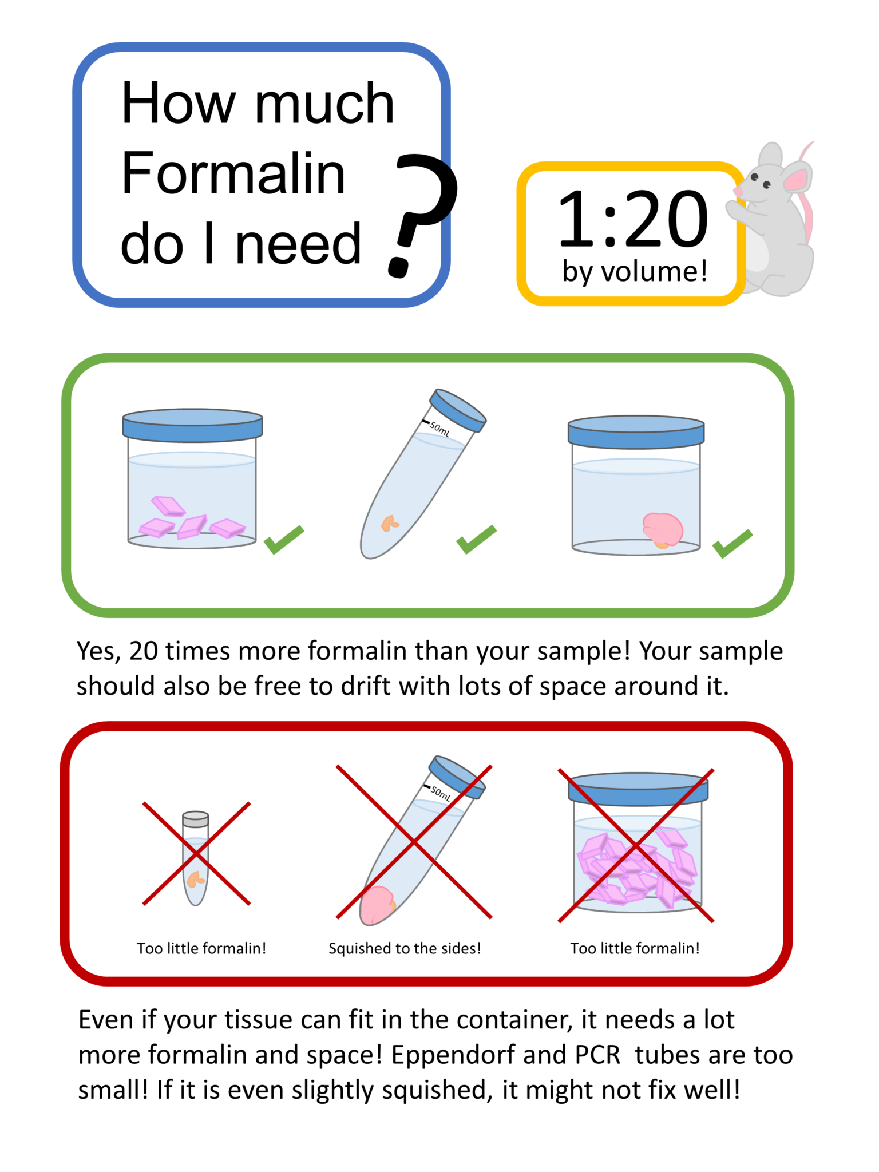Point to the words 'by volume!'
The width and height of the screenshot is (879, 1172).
635,271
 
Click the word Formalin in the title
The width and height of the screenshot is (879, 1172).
233,173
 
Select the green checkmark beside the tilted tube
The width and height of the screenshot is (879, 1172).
476,539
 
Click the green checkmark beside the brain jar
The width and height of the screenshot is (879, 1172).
732,543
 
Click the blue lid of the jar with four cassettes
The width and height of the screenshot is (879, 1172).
192,425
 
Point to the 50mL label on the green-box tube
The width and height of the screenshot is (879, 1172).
439,429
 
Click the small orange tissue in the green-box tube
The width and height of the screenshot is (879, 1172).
390,523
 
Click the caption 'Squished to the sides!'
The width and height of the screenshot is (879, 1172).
404,948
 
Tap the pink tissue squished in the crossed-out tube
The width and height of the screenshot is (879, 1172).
377,905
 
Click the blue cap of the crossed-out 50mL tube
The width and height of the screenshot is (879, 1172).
457,777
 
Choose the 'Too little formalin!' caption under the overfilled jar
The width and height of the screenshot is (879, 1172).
635,948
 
